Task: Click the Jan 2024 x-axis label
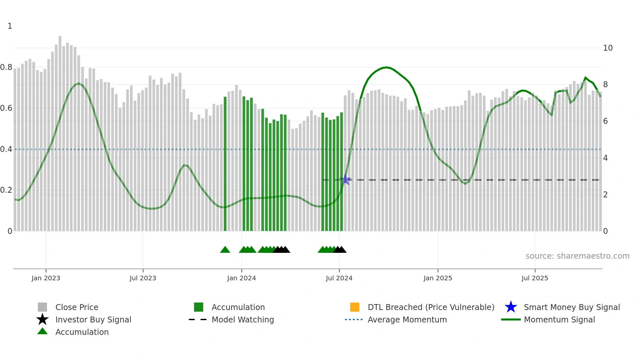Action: click(x=241, y=278)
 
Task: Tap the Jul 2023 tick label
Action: click(x=143, y=278)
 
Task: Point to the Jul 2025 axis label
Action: click(x=535, y=278)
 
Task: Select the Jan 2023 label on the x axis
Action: click(x=46, y=278)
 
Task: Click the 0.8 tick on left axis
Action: click(x=6, y=67)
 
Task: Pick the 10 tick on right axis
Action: click(x=608, y=48)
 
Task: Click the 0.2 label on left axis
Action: click(x=6, y=190)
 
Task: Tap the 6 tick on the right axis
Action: click(x=605, y=121)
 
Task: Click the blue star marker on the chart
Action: click(x=346, y=180)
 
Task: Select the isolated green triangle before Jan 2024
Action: click(x=225, y=250)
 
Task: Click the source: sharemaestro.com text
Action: click(x=577, y=256)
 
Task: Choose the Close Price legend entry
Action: click(x=77, y=307)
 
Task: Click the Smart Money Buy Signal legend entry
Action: click(x=571, y=307)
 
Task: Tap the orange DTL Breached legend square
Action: click(x=355, y=307)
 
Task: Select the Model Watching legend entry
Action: click(x=243, y=319)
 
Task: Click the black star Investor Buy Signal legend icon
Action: click(x=42, y=319)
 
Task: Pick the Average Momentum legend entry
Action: click(x=407, y=319)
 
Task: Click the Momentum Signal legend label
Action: click(x=559, y=319)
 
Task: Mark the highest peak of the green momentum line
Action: click(x=386, y=67)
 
